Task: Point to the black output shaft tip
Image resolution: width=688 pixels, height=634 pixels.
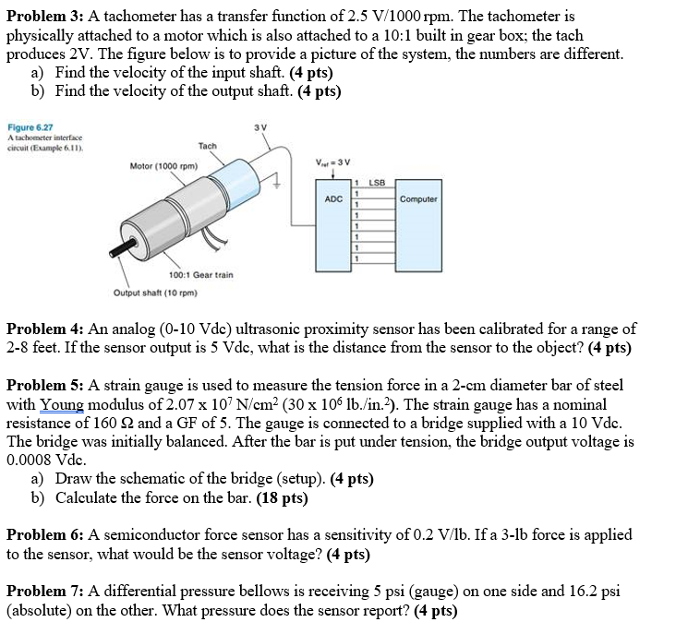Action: coord(118,252)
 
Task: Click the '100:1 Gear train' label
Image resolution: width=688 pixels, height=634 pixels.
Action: coord(201,275)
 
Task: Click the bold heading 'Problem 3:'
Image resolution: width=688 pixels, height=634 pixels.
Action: coord(42,17)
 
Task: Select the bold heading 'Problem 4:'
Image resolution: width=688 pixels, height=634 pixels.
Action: coord(42,329)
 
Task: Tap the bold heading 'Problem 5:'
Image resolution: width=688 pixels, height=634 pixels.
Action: coord(42,385)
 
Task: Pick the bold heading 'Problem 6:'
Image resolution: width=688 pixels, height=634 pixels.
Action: coord(42,534)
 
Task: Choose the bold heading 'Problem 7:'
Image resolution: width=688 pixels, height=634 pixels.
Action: coord(42,592)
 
